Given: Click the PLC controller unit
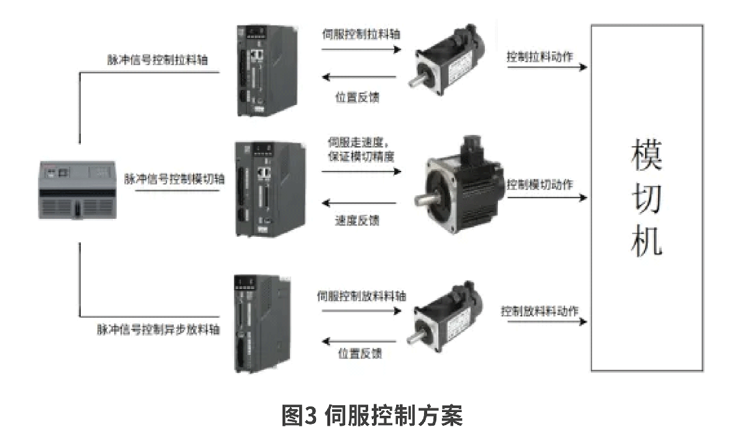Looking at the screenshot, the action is (78, 190).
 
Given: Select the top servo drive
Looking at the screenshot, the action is (267, 71).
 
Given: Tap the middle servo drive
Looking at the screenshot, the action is (269, 189).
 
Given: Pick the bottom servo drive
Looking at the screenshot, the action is (262, 324).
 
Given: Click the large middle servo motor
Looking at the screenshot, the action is (459, 185).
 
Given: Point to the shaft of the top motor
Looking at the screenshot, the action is (417, 81).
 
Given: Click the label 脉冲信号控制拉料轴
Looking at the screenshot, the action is (157, 60).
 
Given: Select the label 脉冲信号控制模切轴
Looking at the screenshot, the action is (174, 179).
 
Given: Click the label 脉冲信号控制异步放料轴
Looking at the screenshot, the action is (158, 329).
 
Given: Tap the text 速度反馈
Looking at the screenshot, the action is (357, 221).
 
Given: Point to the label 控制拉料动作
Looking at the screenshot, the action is (540, 57).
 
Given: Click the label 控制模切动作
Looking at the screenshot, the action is (540, 185).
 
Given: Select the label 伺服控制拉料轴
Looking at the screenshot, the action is (361, 34).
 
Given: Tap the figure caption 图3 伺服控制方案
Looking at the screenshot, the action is (372, 415).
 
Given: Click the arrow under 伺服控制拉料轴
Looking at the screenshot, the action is (361, 50).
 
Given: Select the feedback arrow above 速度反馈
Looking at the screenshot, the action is (359, 203).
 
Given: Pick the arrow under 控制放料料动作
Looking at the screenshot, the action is (547, 321).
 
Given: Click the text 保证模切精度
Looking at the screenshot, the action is (361, 157).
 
